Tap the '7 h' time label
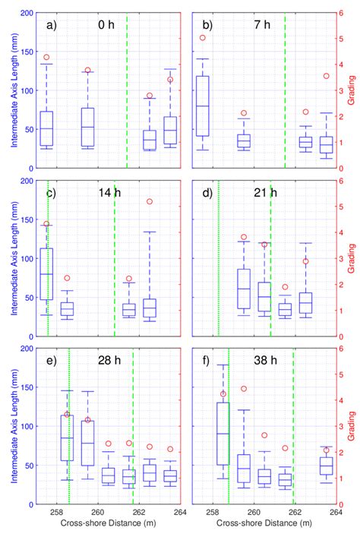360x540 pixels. coord(261,25)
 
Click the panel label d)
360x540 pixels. coord(207,192)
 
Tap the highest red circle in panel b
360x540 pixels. coord(203,37)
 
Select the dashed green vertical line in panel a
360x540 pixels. coord(127,91)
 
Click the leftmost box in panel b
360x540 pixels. coord(203,106)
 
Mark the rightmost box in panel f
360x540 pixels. coord(326,466)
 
